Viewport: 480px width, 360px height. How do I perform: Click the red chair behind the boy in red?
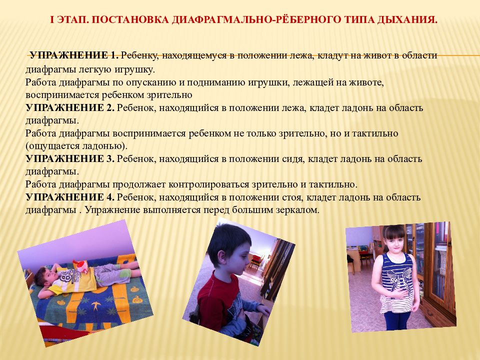256,259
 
